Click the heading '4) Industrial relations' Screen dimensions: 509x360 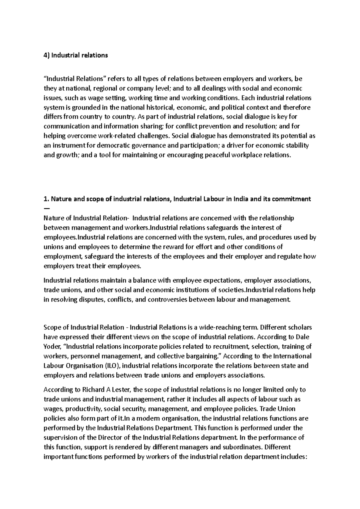click(x=76, y=55)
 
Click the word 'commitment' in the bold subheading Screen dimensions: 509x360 click(x=292, y=199)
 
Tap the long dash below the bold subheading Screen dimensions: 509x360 click(x=46, y=208)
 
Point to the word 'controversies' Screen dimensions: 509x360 click(x=166, y=300)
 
